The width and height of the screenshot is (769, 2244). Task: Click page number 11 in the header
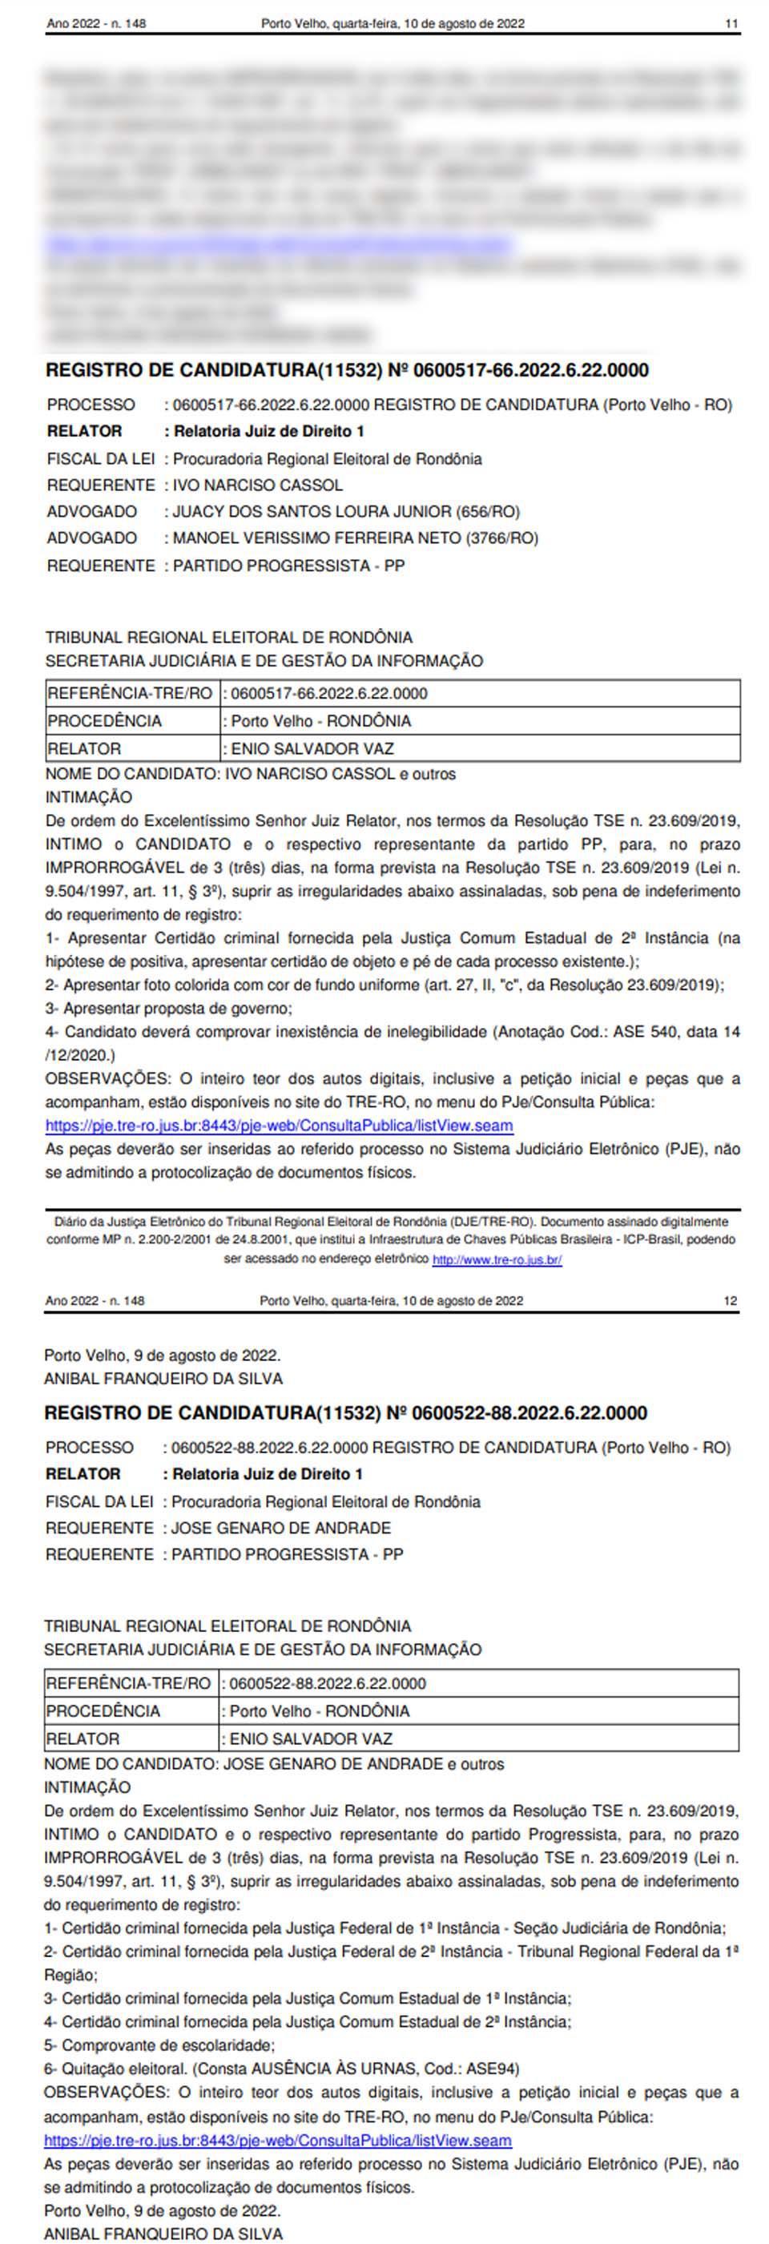point(731,24)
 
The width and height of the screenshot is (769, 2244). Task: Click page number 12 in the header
point(730,1300)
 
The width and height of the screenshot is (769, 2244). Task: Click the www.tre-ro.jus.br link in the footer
point(497,1259)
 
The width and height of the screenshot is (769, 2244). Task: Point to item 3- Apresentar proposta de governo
point(169,1009)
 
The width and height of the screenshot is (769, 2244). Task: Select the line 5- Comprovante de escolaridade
point(159,2045)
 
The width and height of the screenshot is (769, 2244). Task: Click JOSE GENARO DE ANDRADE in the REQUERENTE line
point(280,1528)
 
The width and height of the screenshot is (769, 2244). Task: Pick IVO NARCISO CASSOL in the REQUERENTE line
point(258,485)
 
